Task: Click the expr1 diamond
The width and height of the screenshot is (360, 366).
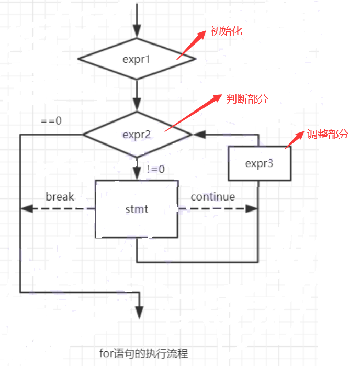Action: (x=137, y=59)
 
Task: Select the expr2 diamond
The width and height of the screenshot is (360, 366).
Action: (x=137, y=135)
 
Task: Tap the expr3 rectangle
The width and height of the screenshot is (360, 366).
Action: (x=259, y=163)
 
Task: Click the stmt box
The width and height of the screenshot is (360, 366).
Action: (x=137, y=209)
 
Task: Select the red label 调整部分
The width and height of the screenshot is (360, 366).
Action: (x=328, y=134)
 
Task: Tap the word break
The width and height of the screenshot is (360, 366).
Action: (x=60, y=197)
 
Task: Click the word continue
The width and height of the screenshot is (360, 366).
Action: (x=212, y=197)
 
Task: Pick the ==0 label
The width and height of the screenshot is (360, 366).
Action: (x=51, y=120)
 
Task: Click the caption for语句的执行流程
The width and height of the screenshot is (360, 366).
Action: (x=143, y=353)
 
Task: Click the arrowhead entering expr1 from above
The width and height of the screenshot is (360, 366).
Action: (x=137, y=32)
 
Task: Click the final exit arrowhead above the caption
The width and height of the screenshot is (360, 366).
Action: (x=140, y=313)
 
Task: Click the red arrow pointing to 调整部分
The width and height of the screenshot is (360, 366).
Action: (x=295, y=140)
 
